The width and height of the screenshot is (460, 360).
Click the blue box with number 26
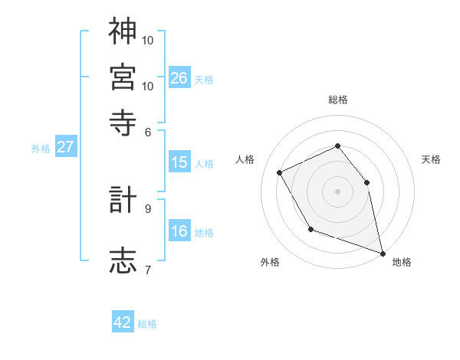pyautogui.click(x=179, y=78)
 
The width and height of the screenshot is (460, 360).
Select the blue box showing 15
pyautogui.click(x=179, y=162)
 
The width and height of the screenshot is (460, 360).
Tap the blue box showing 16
pyautogui.click(x=179, y=231)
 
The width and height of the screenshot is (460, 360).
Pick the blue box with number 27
pyautogui.click(x=65, y=147)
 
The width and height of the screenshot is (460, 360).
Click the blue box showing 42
pyautogui.click(x=123, y=322)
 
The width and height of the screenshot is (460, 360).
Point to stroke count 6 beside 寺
pyautogui.click(x=148, y=133)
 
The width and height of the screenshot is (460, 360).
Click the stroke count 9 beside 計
pyautogui.click(x=148, y=208)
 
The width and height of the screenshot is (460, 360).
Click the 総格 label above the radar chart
pyautogui.click(x=338, y=100)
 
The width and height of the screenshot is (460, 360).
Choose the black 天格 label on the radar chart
pyautogui.click(x=431, y=159)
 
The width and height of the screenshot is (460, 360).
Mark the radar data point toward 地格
pyautogui.click(x=382, y=252)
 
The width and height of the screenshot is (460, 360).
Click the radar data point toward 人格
pyautogui.click(x=280, y=172)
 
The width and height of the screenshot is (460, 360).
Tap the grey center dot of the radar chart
pyautogui.click(x=337, y=191)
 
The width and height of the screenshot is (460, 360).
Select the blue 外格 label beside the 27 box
pyautogui.click(x=40, y=149)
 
